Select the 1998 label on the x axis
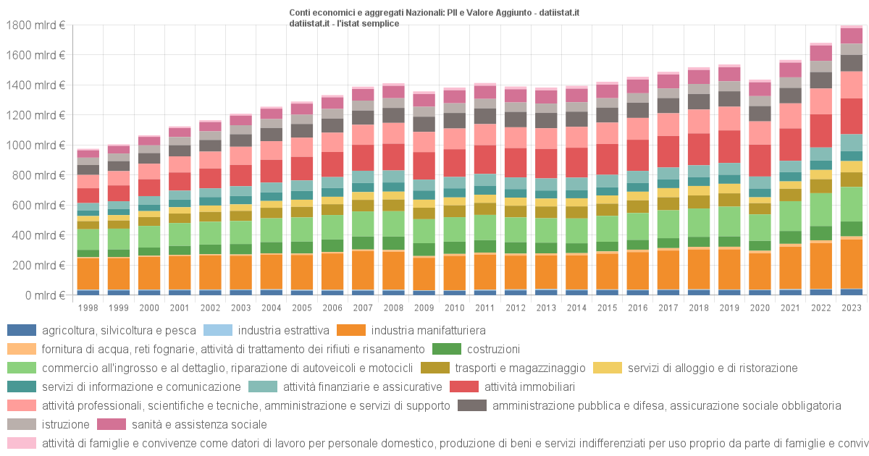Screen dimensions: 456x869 (88, 308)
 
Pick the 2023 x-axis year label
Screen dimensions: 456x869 (852, 308)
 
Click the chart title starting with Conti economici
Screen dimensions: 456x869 (434, 12)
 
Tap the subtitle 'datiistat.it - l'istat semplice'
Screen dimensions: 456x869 (343, 23)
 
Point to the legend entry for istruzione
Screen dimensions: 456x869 (65, 424)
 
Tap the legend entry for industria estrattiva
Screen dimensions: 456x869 (284, 331)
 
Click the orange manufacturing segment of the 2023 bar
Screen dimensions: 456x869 (852, 263)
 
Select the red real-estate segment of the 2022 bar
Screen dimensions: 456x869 (821, 130)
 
